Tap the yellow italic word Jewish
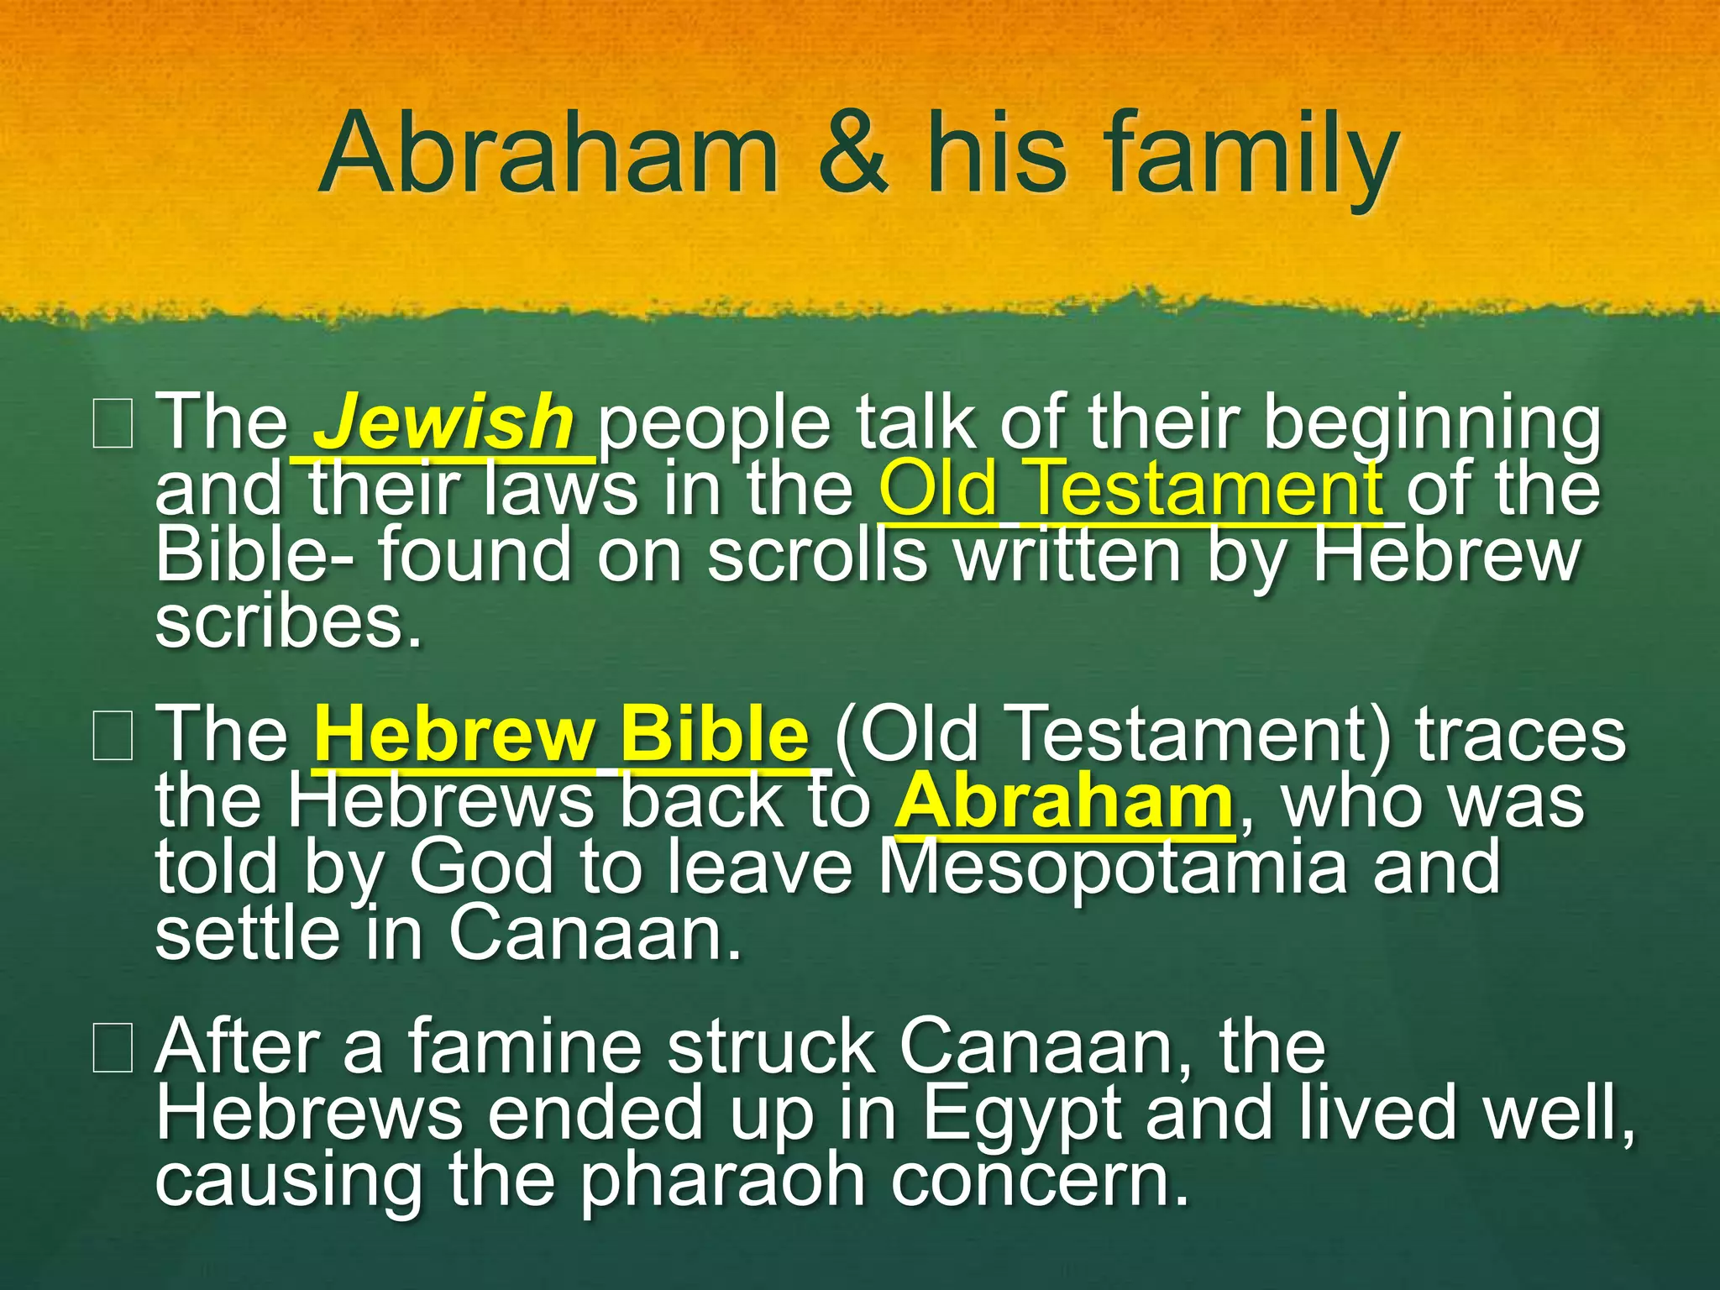pyautogui.click(x=443, y=422)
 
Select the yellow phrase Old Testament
pyautogui.click(x=1130, y=489)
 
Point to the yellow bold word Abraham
pyautogui.click(x=1063, y=802)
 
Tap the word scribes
pyautogui.click(x=288, y=623)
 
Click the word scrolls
pyautogui.click(x=817, y=556)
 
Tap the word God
pyautogui.click(x=481, y=868)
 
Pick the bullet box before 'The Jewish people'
pyautogui.click(x=113, y=425)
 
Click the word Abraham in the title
pyautogui.click(x=549, y=155)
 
